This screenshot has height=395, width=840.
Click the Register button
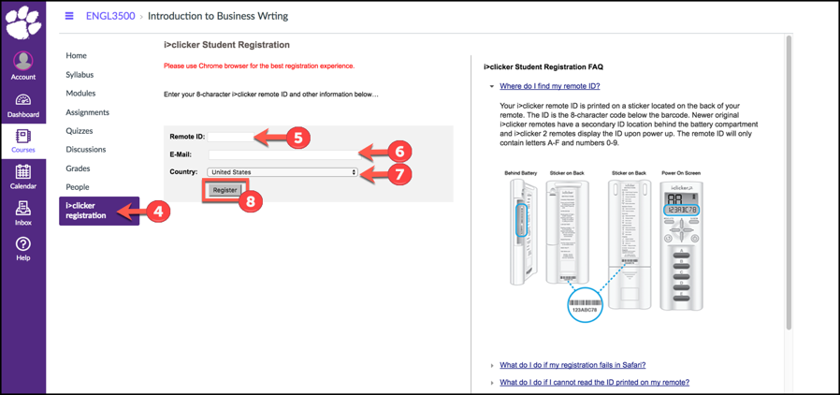click(x=224, y=190)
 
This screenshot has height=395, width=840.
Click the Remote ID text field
click(x=232, y=137)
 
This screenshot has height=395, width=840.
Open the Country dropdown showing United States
click(x=282, y=172)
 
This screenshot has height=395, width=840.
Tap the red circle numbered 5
click(x=297, y=139)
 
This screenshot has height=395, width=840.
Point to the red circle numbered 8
click(x=250, y=200)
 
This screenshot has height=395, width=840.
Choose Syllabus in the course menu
click(x=80, y=75)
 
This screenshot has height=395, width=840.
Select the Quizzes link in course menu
click(x=79, y=131)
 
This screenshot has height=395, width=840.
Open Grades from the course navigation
click(x=78, y=168)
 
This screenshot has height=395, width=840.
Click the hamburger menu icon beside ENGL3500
click(x=69, y=16)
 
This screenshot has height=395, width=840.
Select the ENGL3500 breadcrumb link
click(x=110, y=16)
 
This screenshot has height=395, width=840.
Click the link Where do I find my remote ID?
click(x=550, y=86)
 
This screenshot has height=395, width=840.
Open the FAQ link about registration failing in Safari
click(x=572, y=365)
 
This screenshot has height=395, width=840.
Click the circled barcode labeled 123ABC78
click(x=585, y=305)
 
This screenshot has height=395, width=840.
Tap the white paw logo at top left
click(x=22, y=22)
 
